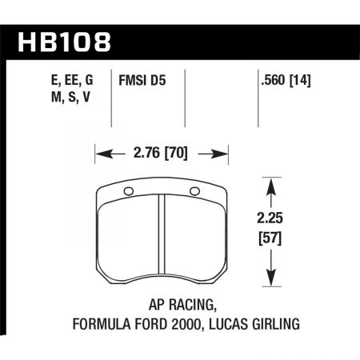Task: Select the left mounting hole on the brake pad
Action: coord(128,190)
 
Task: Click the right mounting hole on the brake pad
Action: coord(195,190)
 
